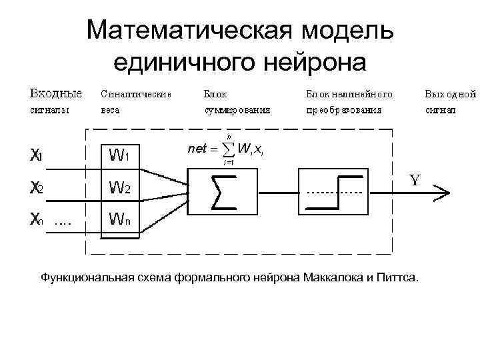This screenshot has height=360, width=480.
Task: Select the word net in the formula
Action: click(197, 149)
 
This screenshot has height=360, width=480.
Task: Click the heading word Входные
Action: click(55, 93)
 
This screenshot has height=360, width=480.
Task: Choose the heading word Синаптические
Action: click(136, 94)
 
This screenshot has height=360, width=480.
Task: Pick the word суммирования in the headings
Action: click(237, 111)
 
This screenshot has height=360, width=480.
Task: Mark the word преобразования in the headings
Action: click(344, 111)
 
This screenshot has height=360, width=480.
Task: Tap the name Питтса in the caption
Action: click(399, 276)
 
